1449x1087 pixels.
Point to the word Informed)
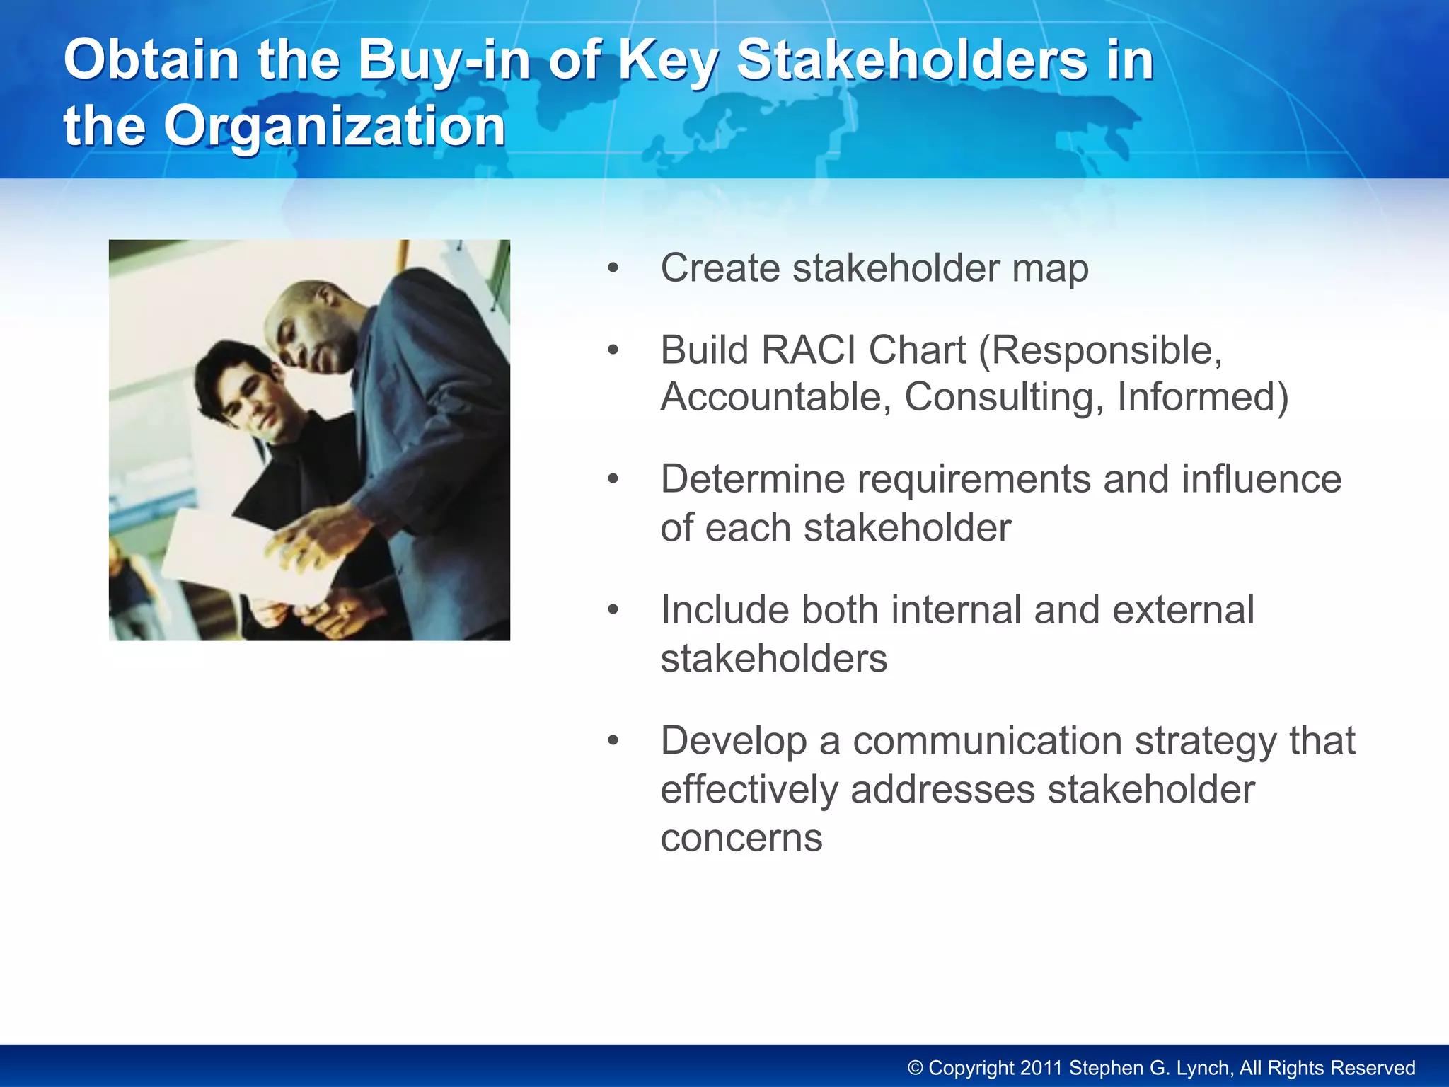pos(1203,396)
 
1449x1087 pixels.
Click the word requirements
pos(974,479)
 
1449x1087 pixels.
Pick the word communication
pos(988,741)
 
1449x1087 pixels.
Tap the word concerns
pos(741,839)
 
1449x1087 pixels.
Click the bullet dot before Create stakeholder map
pos(613,269)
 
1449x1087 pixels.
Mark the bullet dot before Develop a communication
pos(613,742)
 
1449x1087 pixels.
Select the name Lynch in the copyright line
pos(1206,1068)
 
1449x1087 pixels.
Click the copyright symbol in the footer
pos(916,1068)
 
